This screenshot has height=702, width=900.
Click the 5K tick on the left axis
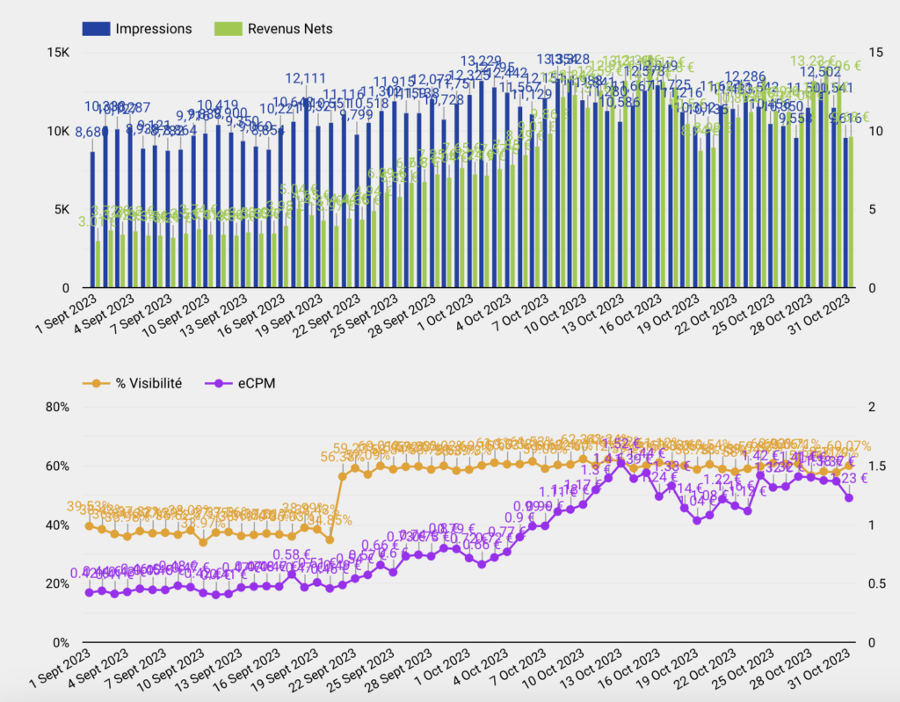[61, 210]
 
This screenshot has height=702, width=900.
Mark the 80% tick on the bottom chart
[57, 408]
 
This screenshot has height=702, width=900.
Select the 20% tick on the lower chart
[57, 584]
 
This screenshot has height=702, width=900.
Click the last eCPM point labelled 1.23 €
[849, 497]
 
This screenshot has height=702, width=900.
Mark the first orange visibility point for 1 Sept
[89, 525]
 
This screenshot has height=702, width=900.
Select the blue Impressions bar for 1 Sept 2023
[92, 220]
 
